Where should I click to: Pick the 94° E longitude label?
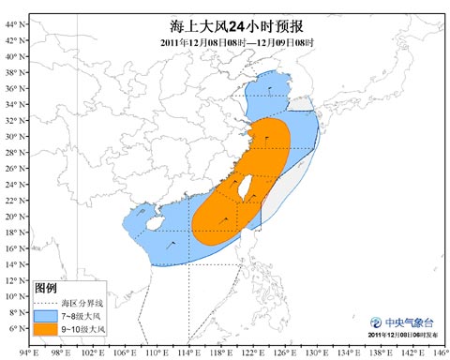(x=28, y=352)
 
